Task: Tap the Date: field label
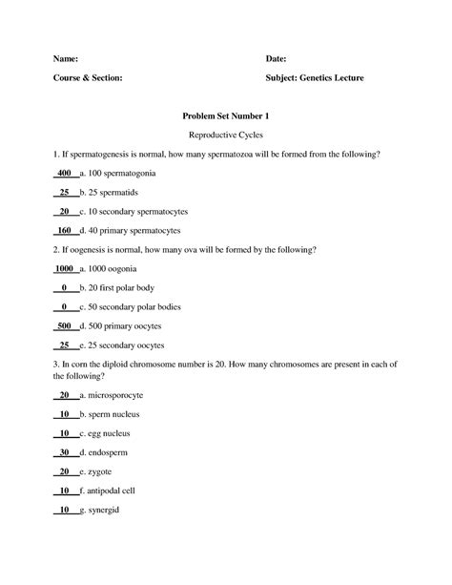(x=279, y=58)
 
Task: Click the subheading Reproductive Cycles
(x=226, y=135)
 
